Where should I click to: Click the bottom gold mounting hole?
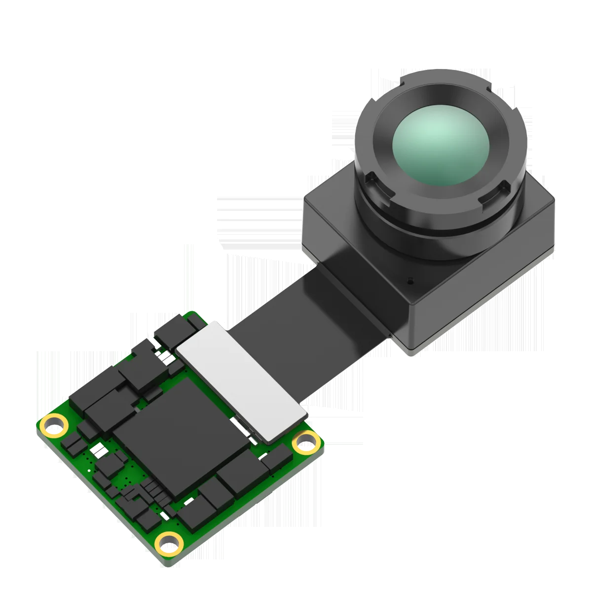click(168, 541)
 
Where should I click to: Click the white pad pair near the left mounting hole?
click(99, 449)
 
